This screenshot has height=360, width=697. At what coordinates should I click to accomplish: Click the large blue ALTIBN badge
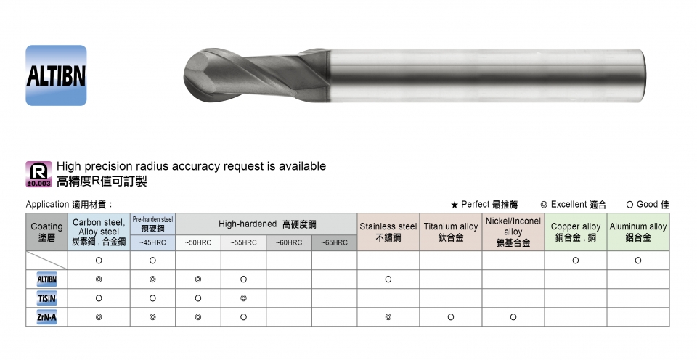pyautogui.click(x=56, y=75)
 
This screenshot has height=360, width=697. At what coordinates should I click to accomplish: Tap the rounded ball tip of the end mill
pyautogui.click(x=193, y=76)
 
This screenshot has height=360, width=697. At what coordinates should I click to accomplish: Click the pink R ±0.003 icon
pyautogui.click(x=38, y=173)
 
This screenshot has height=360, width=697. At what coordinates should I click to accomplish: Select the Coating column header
pyautogui.click(x=46, y=232)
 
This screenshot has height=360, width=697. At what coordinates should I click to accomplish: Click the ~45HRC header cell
pyautogui.click(x=152, y=242)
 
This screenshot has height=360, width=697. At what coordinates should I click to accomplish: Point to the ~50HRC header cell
pyautogui.click(x=198, y=242)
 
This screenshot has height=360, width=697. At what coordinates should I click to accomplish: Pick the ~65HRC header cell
pyautogui.click(x=334, y=242)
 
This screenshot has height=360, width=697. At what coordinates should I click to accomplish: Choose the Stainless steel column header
pyautogui.click(x=388, y=232)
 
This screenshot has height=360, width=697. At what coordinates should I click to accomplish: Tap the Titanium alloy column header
pyautogui.click(x=451, y=232)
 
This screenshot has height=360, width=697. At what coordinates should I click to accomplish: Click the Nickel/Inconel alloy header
pyautogui.click(x=513, y=232)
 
